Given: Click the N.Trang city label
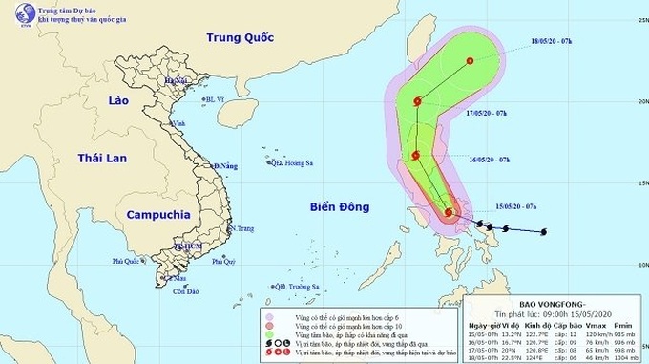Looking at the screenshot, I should click(x=245, y=228).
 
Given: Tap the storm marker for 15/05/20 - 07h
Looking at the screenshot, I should click(x=450, y=212).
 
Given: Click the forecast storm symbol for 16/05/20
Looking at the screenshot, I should click(x=415, y=157).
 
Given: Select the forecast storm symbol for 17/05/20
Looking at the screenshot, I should click(x=417, y=102).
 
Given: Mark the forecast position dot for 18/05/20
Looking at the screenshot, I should click(x=470, y=62).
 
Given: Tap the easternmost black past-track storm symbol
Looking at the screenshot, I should click(x=544, y=232).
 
